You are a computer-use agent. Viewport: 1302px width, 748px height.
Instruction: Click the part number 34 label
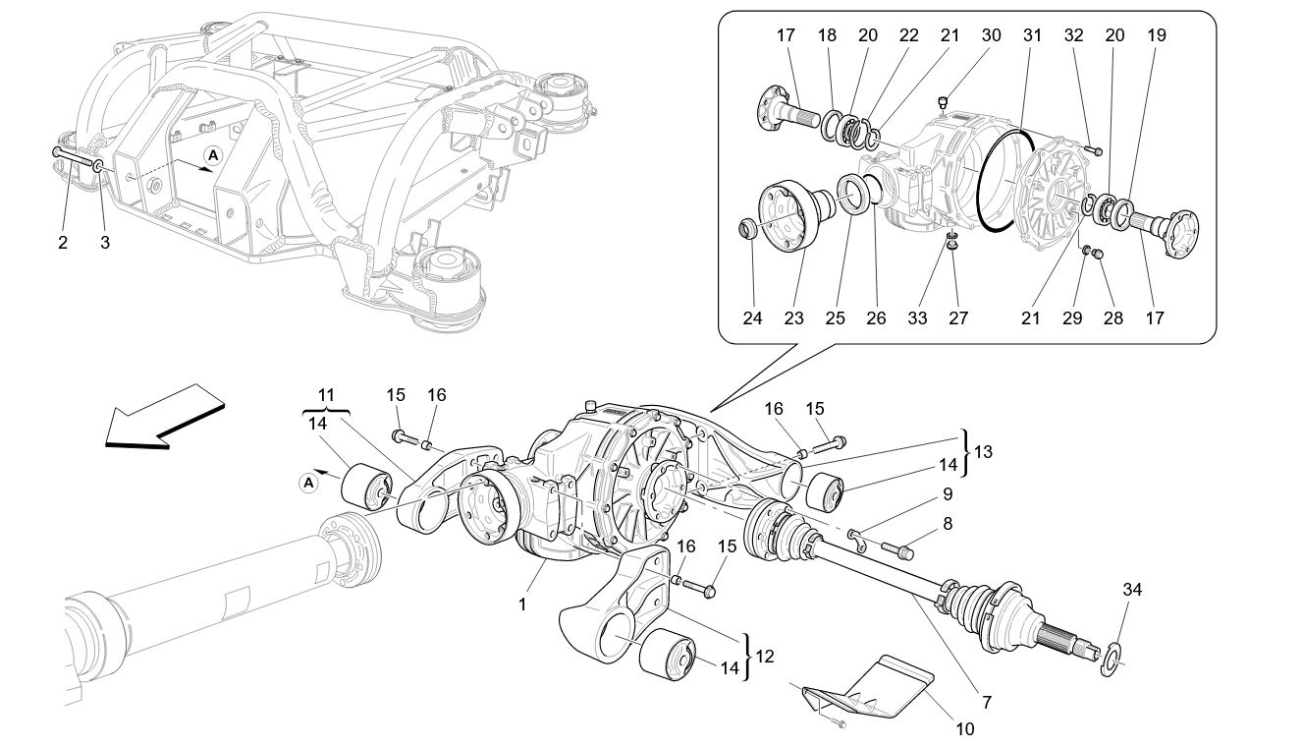1133,590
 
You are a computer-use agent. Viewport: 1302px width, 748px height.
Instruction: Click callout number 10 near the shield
964,728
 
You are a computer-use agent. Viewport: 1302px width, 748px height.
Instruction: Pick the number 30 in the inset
991,34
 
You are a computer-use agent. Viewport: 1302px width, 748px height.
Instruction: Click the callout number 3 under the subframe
105,243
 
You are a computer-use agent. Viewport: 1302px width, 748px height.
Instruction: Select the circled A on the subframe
213,154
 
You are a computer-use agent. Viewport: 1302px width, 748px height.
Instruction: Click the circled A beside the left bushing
308,482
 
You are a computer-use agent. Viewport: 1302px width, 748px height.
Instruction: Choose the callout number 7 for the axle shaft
986,703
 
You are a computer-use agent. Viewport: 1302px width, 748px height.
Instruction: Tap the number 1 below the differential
522,604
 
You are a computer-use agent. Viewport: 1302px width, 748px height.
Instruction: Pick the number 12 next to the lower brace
764,656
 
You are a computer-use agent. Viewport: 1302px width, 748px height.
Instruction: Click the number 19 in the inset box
1157,34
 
